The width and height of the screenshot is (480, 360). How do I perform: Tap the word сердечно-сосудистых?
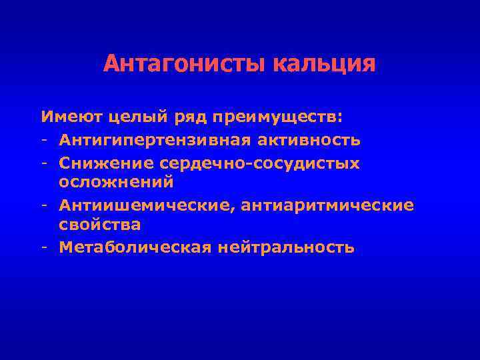pos(257,162)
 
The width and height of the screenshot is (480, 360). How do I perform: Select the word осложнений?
pos(116,182)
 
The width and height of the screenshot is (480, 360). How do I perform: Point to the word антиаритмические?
pos(331,205)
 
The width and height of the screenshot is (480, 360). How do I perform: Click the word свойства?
pos(99,225)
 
